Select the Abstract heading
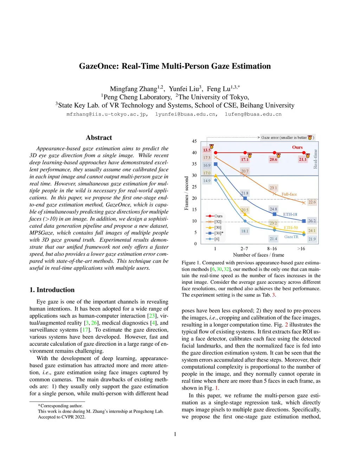click(99, 138)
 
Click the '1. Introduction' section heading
click(52, 290)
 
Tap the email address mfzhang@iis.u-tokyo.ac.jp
click(107, 114)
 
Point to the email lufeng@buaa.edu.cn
click(253, 114)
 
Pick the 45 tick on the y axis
click(194, 141)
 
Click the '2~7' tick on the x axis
click(244, 249)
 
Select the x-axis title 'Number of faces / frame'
click(258, 255)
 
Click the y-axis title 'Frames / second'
click(187, 193)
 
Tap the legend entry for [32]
click(214, 222)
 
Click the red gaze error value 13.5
click(207, 150)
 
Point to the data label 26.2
click(312, 221)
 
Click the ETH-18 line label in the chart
click(290, 214)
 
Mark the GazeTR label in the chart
click(291, 237)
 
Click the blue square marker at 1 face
click(216, 164)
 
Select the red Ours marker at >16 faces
click(304, 153)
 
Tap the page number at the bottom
click(175, 434)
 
